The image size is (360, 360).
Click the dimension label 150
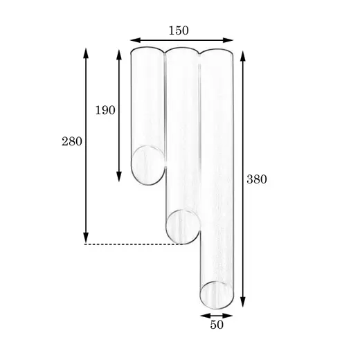pos(179,30)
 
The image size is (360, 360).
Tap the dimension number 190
pos(105,110)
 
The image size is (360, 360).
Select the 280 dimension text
pos(72,141)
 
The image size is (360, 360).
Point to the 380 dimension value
pos(257,179)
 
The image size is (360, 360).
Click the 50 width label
pos(217,325)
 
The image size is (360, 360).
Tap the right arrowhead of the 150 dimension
pos(228,40)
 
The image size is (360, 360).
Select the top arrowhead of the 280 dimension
pos(86,53)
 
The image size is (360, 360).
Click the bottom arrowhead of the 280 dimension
pos(86,237)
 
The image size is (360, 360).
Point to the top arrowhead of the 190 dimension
pos(119,55)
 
